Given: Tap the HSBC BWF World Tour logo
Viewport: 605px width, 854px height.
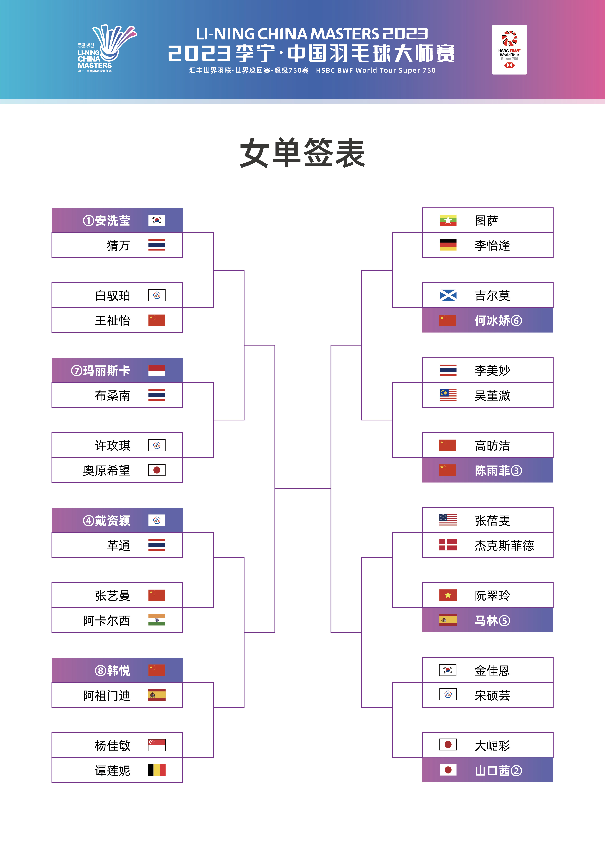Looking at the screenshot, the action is click(x=509, y=50).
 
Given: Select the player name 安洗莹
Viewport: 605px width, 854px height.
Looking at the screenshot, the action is click(x=113, y=221).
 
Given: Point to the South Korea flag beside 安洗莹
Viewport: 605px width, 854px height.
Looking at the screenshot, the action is click(x=157, y=220).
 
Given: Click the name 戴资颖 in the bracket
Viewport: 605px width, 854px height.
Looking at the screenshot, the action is click(x=113, y=521).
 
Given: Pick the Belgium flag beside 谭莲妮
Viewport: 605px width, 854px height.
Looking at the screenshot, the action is click(x=157, y=770).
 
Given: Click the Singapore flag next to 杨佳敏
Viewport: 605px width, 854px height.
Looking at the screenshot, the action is click(x=157, y=745).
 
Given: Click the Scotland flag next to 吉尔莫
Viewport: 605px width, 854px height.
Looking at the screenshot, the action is click(x=448, y=295).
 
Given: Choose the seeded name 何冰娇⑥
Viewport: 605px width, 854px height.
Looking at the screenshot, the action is click(x=498, y=320).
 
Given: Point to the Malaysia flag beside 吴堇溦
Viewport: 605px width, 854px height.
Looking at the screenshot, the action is click(x=448, y=395).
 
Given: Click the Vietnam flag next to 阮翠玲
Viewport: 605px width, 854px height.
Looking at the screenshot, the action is click(x=448, y=595).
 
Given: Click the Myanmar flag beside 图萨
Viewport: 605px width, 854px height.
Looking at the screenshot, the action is click(x=448, y=220).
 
